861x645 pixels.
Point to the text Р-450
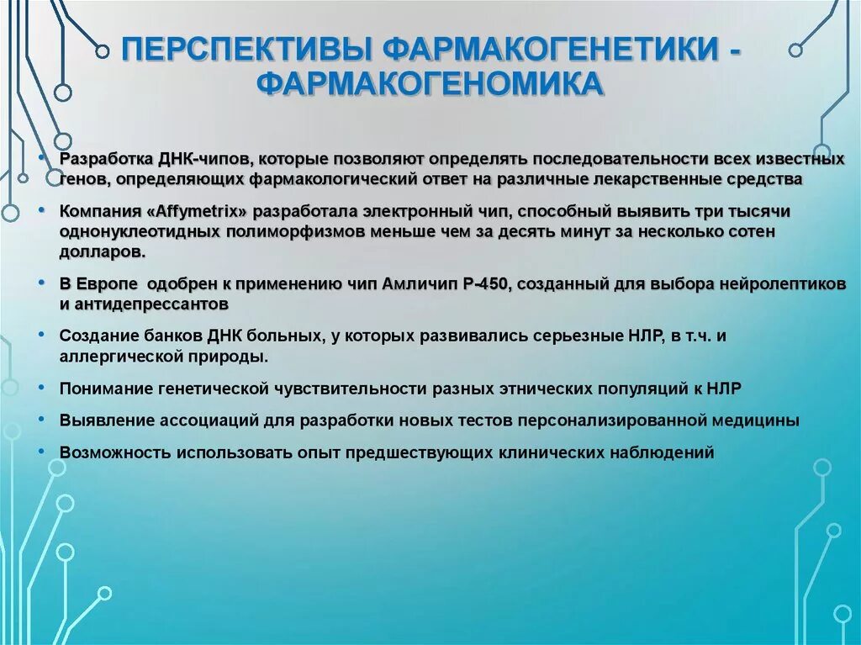[x=482, y=284]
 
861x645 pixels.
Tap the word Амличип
[x=416, y=284]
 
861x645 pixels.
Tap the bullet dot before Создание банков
[x=43, y=336]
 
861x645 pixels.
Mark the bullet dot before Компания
[x=43, y=210]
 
